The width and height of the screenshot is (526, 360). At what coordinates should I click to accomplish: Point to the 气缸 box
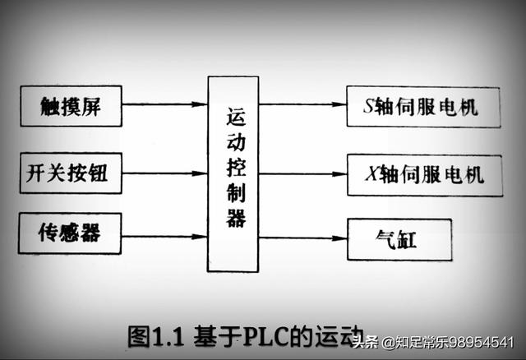[x=399, y=239]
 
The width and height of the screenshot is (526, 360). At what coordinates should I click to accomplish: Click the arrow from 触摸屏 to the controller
[x=164, y=104]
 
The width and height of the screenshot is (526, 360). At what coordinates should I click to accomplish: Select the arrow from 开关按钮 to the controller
[x=164, y=174]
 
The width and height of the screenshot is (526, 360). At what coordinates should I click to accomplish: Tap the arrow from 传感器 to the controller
[x=164, y=237]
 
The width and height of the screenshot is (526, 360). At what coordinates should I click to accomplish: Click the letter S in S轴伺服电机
[x=369, y=107]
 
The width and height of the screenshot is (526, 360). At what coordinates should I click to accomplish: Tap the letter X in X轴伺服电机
[x=369, y=174]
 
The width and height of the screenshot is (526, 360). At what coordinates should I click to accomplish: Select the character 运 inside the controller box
[x=234, y=120]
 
